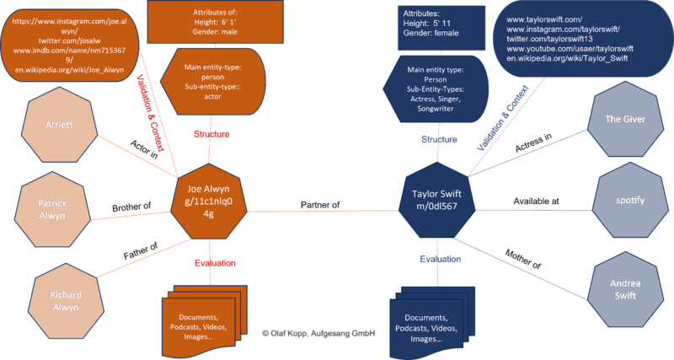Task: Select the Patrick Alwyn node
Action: click(51, 210)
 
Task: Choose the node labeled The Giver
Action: click(625, 119)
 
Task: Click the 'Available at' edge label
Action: click(537, 201)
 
